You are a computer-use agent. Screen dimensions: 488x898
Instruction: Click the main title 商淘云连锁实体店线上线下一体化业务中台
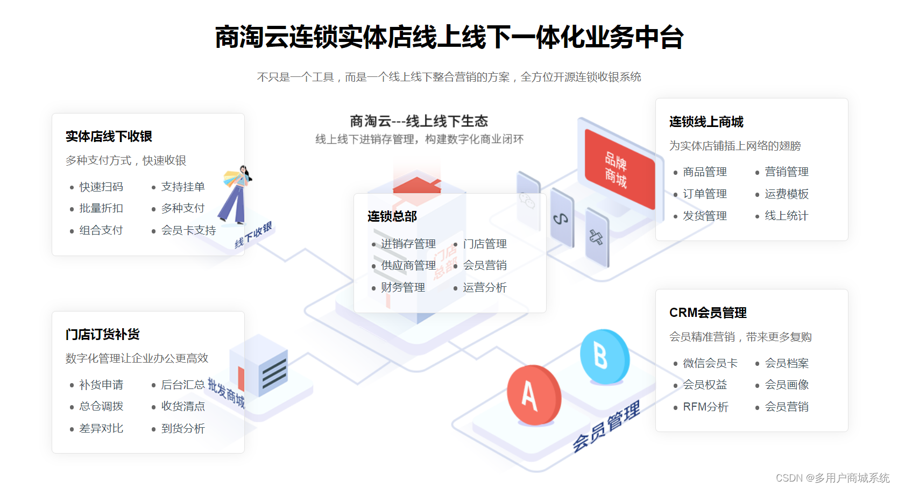point(449,38)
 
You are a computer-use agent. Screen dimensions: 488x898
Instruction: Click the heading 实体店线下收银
point(109,137)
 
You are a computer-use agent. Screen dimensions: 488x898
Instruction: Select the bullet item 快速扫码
point(101,187)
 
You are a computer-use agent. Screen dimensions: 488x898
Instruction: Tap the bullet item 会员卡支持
point(188,230)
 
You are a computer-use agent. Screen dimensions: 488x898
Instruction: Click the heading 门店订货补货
point(102,335)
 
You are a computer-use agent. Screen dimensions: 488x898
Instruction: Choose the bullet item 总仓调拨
point(101,406)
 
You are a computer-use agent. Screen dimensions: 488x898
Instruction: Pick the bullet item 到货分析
point(183,428)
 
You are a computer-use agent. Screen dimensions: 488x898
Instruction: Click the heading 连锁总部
point(392,216)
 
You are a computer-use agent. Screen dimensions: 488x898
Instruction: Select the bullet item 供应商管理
point(408,265)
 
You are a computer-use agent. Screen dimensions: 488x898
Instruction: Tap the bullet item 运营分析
point(485,287)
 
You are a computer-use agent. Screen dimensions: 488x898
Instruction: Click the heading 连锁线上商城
point(706,122)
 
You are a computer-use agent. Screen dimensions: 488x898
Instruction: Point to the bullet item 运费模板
point(787,194)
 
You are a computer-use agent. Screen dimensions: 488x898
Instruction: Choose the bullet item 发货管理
point(705,216)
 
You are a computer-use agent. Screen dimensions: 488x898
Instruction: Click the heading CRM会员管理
point(708,313)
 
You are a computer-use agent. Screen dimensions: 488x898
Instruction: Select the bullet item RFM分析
point(705,407)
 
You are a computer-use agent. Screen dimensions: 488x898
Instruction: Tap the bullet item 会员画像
point(787,385)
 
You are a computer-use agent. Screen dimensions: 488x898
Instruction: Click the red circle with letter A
point(533,395)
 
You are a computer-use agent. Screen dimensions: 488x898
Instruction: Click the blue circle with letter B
point(604,356)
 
